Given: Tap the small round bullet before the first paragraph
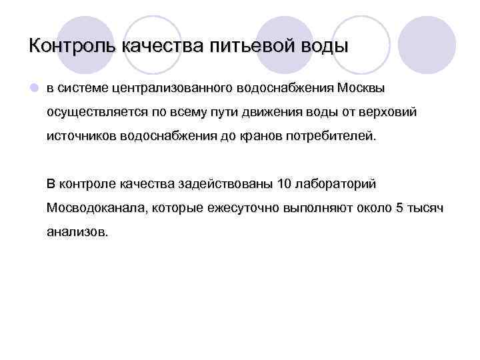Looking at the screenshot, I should [x=33, y=88].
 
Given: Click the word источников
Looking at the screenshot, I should [x=79, y=137].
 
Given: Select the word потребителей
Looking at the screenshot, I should [x=331, y=137].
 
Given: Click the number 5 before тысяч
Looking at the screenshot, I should [x=399, y=208].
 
